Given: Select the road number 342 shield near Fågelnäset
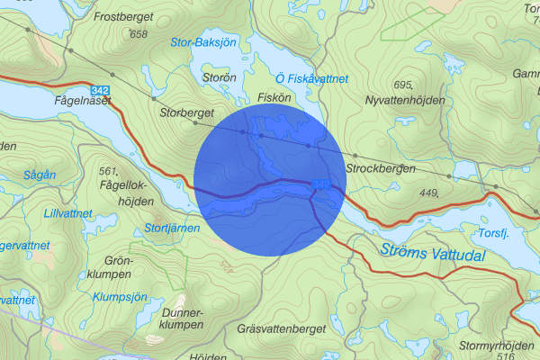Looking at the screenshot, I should click(101, 90).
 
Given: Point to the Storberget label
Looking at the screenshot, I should click(186, 113).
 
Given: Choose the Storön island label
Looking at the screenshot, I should click(220, 78).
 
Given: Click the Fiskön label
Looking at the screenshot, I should click(272, 96).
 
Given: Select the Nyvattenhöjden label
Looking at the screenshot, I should click(402, 100).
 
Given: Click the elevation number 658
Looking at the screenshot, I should click(138, 34).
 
